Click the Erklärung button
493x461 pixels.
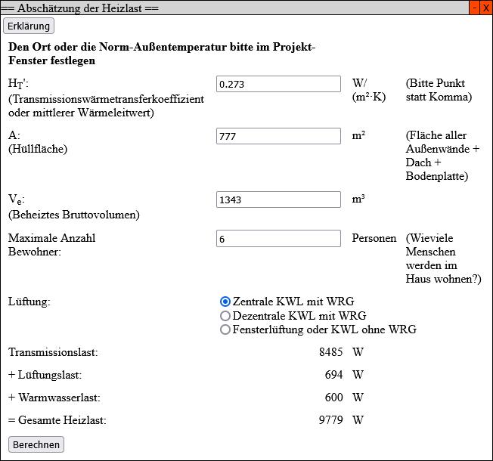[x=29, y=26]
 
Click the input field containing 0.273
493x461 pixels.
[x=278, y=84]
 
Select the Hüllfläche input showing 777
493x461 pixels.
[x=278, y=136]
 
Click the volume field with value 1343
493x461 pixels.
[x=278, y=200]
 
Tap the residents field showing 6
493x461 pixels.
[x=278, y=239]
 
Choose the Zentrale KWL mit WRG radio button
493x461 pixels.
[x=225, y=302]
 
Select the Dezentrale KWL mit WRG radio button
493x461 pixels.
[x=225, y=316]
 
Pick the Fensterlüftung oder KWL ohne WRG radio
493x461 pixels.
[x=225, y=330]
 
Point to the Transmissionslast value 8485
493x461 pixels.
[x=331, y=352]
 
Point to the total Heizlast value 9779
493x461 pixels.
[x=331, y=420]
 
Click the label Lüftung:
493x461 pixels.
[x=29, y=302]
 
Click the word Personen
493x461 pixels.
[x=374, y=238]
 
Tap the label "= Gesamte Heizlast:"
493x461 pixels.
[x=57, y=420]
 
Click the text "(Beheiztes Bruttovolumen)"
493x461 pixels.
[x=74, y=215]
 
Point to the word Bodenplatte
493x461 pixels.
[x=436, y=176]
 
